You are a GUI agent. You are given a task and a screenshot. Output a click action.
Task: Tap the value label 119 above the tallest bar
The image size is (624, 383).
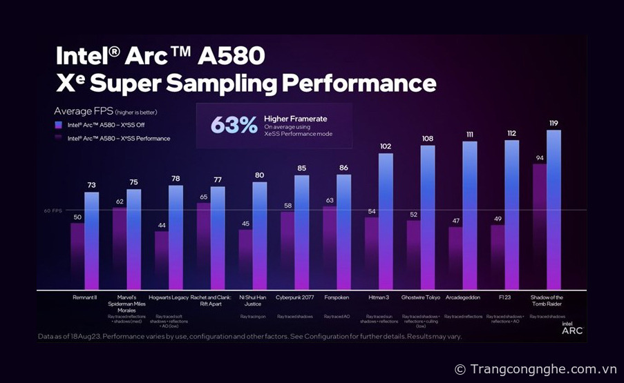[x=554, y=123]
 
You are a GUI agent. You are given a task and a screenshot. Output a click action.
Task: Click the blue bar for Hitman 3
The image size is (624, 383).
[x=386, y=221]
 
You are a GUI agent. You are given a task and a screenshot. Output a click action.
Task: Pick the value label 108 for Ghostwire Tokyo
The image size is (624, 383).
[x=428, y=139]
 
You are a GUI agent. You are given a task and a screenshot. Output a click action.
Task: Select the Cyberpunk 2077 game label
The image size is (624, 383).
[x=294, y=297]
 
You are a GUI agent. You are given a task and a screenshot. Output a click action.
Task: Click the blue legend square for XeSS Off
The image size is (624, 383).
[x=60, y=125]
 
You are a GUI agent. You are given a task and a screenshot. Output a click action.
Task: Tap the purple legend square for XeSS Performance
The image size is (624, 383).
[x=60, y=138]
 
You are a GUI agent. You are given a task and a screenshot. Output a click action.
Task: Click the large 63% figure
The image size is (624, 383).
[x=234, y=125]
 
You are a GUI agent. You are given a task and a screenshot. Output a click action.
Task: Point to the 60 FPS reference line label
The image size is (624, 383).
[x=53, y=210]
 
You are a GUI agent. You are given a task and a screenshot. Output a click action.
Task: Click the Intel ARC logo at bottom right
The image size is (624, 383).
[x=571, y=328]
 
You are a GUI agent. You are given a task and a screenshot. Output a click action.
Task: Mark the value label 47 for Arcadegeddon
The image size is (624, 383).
[x=455, y=221]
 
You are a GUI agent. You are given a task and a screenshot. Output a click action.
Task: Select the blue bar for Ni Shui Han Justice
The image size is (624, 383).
[x=260, y=235]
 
